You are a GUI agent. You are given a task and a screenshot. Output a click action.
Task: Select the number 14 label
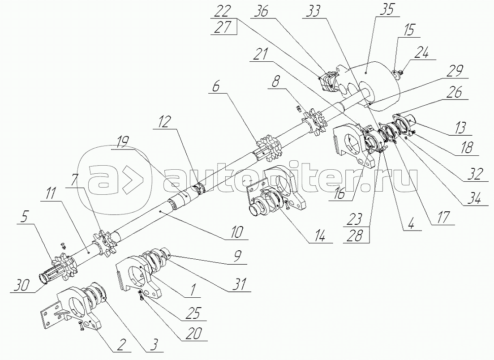(x=320, y=235)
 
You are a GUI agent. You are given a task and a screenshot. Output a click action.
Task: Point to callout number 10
(x=237, y=231)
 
